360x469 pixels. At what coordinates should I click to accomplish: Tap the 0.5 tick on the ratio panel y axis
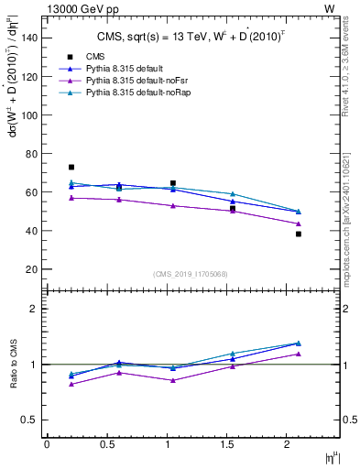click(30, 420)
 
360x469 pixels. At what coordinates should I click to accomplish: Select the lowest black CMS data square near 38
click(299, 234)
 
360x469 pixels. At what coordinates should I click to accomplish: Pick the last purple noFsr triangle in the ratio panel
click(299, 354)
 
